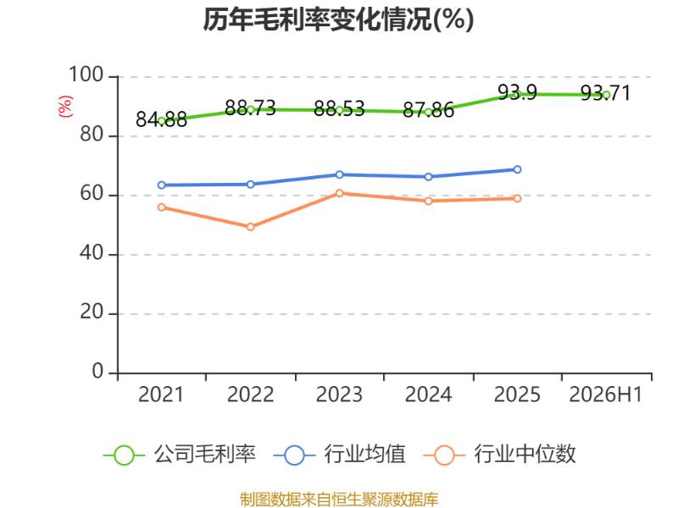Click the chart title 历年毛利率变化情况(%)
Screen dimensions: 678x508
coord(338,19)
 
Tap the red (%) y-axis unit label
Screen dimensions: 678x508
coord(65,107)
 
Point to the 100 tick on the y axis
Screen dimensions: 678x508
coord(86,75)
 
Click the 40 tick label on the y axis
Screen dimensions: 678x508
coord(92,252)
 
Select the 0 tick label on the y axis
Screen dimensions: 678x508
coord(97,371)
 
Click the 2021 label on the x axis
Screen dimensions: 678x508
coord(161,395)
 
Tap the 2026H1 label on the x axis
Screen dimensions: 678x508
coord(605,395)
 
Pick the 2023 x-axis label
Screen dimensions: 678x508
coord(339,395)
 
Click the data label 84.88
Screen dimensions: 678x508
coord(161,119)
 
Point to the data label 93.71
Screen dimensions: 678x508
coord(605,93)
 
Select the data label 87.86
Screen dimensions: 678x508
coord(428,110)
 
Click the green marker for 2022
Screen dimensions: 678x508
coord(250,110)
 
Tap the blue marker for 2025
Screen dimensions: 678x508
coord(517,169)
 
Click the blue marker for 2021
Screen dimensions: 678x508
coord(162,185)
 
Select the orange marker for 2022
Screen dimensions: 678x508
coord(250,227)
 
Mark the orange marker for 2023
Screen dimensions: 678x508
coord(340,193)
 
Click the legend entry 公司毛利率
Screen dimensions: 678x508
coord(180,455)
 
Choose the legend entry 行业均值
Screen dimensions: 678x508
coord(340,455)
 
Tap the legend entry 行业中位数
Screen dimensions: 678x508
coord(500,455)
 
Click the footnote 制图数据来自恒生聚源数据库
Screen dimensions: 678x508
coord(339,500)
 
